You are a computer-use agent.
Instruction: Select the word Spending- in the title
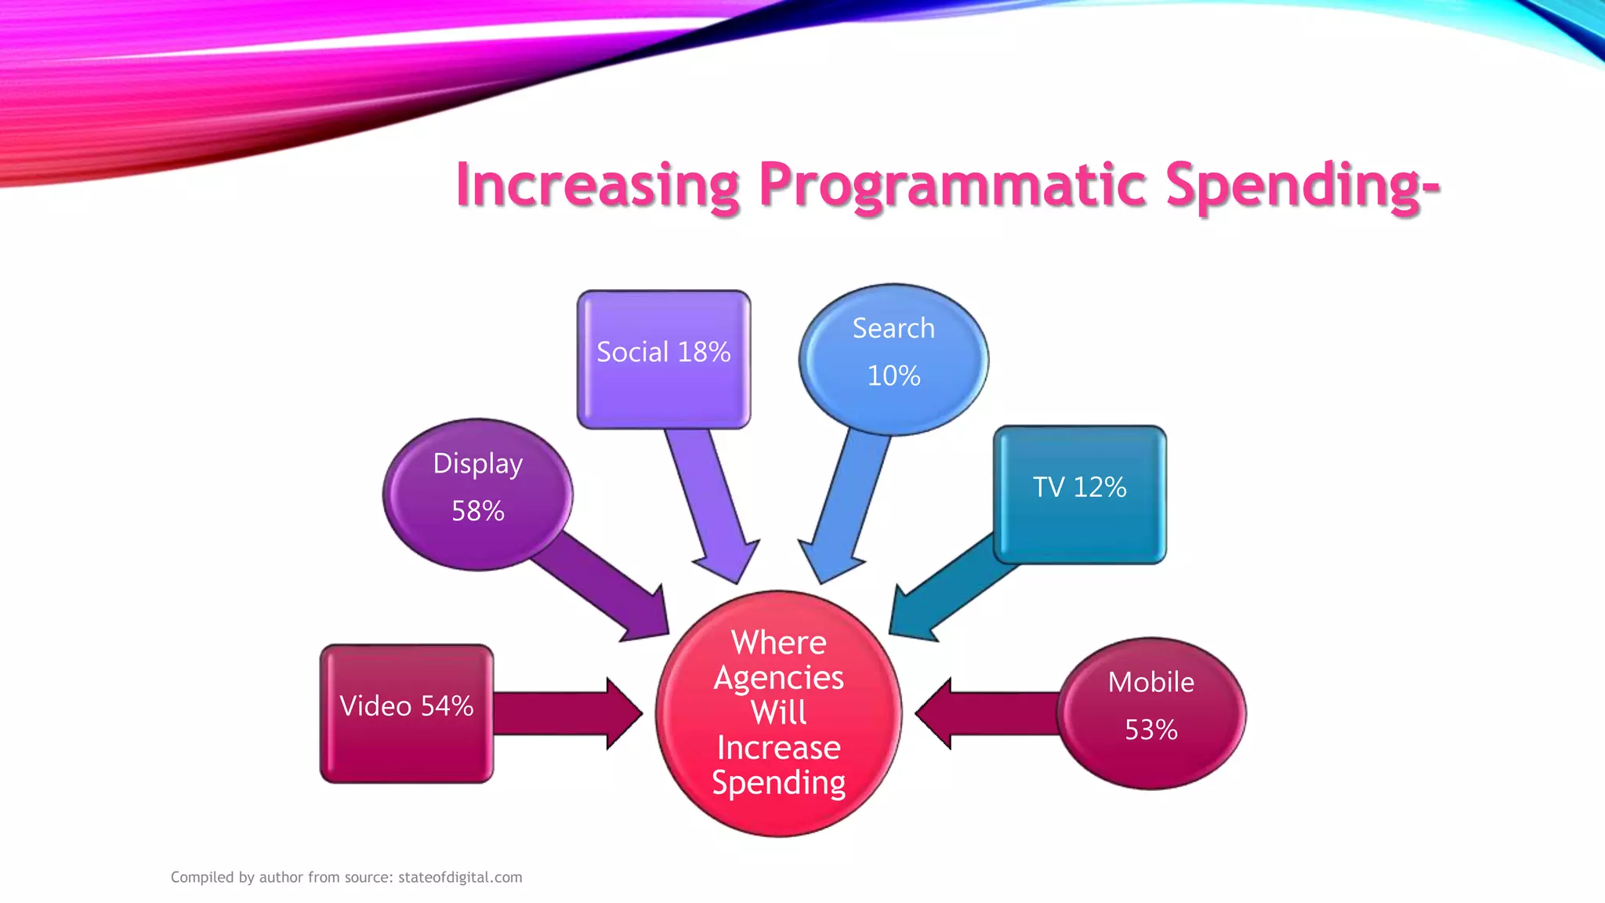click(x=1302, y=185)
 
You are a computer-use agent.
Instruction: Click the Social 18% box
click(x=663, y=359)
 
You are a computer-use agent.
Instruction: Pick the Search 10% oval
click(x=893, y=359)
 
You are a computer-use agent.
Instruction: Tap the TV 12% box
click(x=1079, y=494)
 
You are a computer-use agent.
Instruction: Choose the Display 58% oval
click(x=477, y=494)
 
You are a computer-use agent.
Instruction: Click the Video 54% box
click(x=406, y=713)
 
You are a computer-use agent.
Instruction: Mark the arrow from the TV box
click(x=948, y=588)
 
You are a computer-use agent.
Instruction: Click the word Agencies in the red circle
click(x=778, y=677)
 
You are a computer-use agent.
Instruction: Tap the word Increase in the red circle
click(x=778, y=748)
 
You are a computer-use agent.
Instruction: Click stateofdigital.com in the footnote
click(x=460, y=877)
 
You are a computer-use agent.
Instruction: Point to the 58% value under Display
click(x=477, y=511)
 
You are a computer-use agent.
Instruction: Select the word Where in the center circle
click(x=778, y=643)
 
